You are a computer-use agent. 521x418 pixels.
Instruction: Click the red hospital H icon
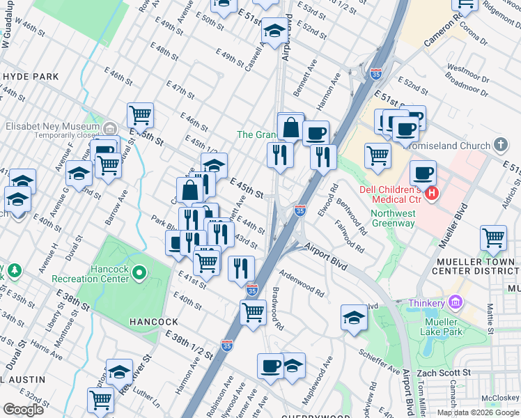[432, 193]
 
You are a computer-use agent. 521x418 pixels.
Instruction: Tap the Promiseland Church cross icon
[499, 145]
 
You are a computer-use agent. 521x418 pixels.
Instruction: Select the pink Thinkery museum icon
[456, 303]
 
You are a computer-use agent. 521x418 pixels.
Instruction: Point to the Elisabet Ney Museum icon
[109, 128]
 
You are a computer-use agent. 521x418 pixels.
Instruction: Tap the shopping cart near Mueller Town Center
[493, 238]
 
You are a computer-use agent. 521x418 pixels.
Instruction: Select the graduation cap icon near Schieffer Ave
[354, 317]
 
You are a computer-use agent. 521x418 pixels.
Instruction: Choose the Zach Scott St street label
[444, 373]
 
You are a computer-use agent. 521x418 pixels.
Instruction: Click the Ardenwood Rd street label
[302, 284]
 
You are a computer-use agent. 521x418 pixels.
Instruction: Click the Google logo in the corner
[23, 410]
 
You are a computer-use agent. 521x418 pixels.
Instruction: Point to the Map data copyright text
[478, 412]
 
